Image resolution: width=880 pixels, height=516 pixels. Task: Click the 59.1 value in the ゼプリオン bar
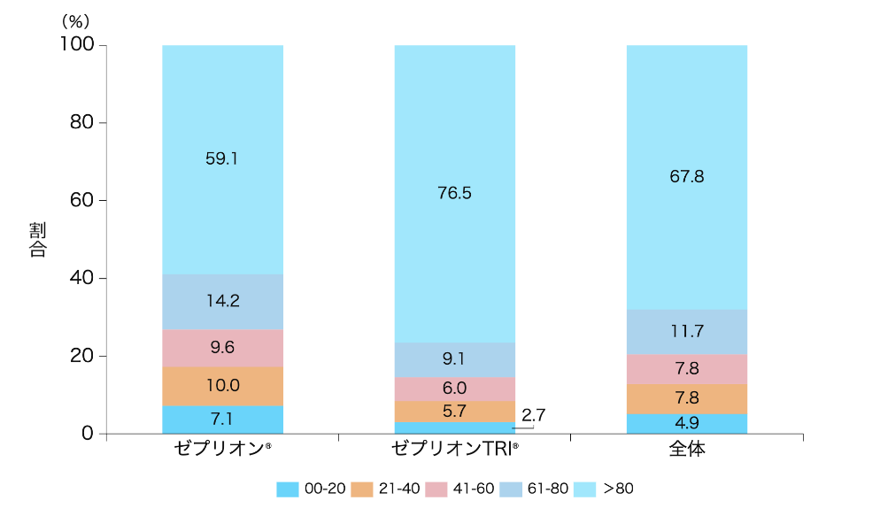(222, 159)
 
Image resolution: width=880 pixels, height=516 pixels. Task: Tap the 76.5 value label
(454, 193)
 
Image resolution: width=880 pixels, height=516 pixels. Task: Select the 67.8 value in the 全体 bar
(686, 176)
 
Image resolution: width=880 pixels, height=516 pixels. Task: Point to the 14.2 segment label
(222, 301)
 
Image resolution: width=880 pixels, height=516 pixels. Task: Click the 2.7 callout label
(534, 413)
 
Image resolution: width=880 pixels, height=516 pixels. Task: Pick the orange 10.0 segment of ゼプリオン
(222, 386)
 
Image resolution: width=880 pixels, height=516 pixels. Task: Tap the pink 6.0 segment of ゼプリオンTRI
(454, 389)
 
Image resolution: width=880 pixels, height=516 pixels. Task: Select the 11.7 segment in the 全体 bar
(686, 332)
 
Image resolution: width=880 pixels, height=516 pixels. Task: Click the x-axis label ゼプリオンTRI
(454, 449)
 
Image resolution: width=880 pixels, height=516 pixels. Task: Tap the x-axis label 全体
(686, 449)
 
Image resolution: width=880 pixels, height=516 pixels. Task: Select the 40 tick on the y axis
(81, 278)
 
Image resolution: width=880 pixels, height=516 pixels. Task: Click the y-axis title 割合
(37, 239)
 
